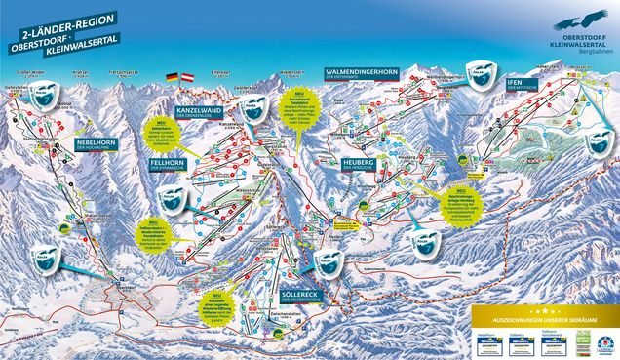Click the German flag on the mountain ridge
click(173, 76)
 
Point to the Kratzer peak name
click(81, 72)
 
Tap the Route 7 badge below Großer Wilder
click(41, 94)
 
